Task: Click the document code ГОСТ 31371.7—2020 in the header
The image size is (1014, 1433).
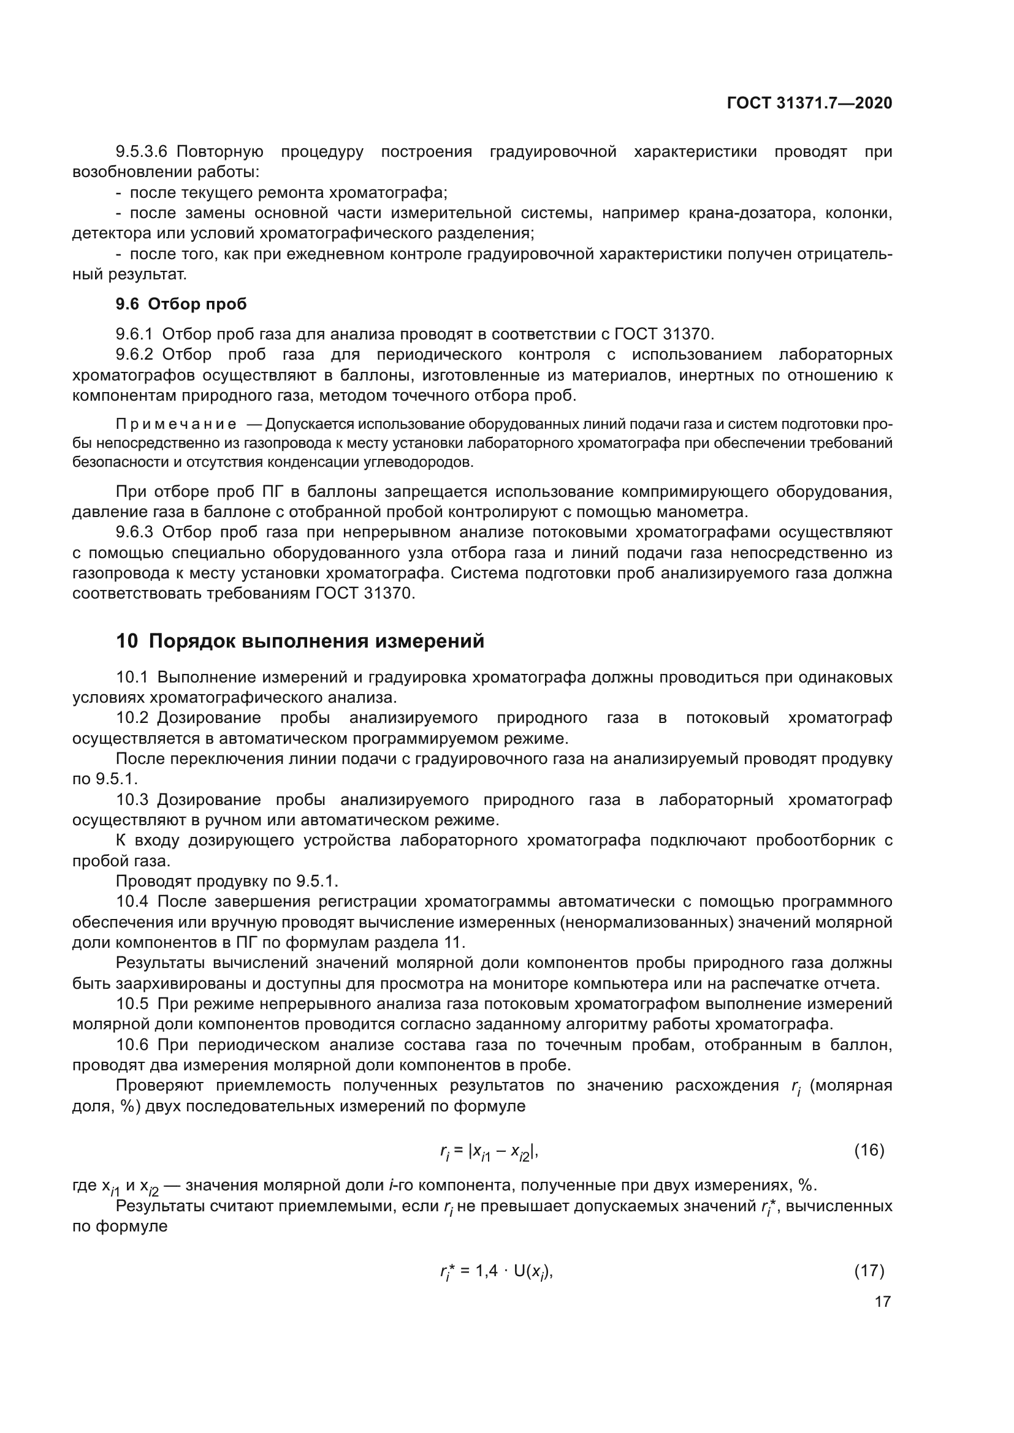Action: (x=809, y=103)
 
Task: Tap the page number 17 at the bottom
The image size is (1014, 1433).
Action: (x=882, y=1301)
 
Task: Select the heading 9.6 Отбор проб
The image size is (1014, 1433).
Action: (x=181, y=304)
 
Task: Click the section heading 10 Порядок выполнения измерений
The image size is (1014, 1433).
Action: (x=300, y=641)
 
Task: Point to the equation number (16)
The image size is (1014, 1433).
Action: (x=869, y=1149)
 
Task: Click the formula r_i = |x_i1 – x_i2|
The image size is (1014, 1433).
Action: (x=489, y=1152)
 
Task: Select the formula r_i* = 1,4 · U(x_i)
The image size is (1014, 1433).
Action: (x=497, y=1271)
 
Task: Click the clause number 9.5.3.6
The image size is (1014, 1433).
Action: (x=142, y=152)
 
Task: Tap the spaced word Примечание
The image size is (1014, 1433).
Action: (x=176, y=425)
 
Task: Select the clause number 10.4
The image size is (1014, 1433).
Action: (x=132, y=901)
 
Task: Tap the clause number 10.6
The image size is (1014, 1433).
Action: (x=132, y=1045)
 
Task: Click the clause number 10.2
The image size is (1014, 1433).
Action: (x=132, y=718)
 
